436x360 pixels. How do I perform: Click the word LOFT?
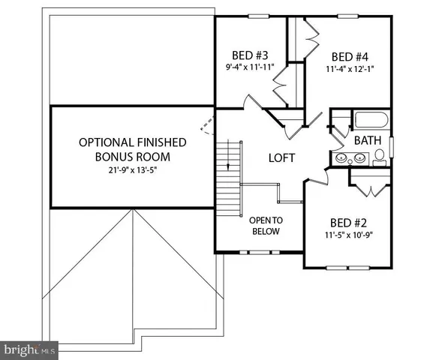pyautogui.click(x=282, y=158)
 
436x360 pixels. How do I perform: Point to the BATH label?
pyautogui.click(x=368, y=140)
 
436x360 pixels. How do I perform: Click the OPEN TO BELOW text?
pyautogui.click(x=265, y=226)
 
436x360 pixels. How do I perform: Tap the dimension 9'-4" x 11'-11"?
pyautogui.click(x=251, y=67)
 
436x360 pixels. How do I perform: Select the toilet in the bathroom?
pyautogui.click(x=380, y=156)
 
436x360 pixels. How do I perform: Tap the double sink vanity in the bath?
pyautogui.click(x=350, y=157)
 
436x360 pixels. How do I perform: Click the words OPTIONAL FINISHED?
pyautogui.click(x=133, y=142)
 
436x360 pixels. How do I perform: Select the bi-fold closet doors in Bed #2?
pyautogui.click(x=368, y=185)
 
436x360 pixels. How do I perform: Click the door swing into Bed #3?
pyautogui.click(x=255, y=105)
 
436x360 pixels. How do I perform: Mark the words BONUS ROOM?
pyautogui.click(x=132, y=157)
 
